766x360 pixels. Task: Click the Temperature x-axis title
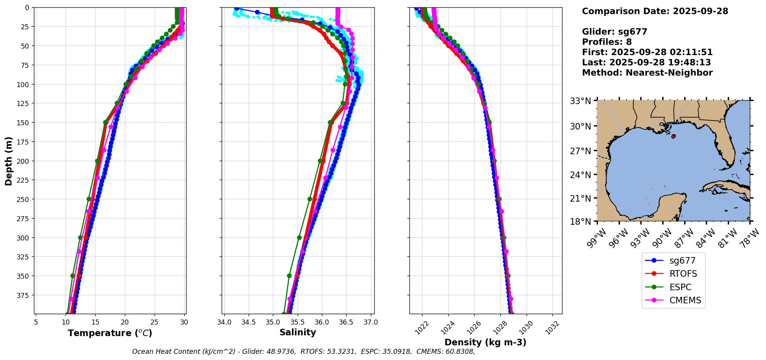(x=110, y=333)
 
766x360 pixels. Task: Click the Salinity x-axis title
(x=298, y=332)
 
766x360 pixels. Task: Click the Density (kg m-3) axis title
(x=485, y=342)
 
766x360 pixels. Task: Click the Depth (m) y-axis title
(x=8, y=161)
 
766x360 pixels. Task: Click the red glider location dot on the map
(x=673, y=136)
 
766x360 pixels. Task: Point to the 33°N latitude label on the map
(x=581, y=101)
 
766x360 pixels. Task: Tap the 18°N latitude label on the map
(x=581, y=222)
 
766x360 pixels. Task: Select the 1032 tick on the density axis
(x=553, y=325)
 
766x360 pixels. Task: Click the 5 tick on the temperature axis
(x=36, y=322)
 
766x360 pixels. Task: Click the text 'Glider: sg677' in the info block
(x=614, y=32)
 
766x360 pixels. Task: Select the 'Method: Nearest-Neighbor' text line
(x=647, y=72)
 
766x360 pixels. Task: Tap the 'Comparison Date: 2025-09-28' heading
(x=655, y=11)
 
